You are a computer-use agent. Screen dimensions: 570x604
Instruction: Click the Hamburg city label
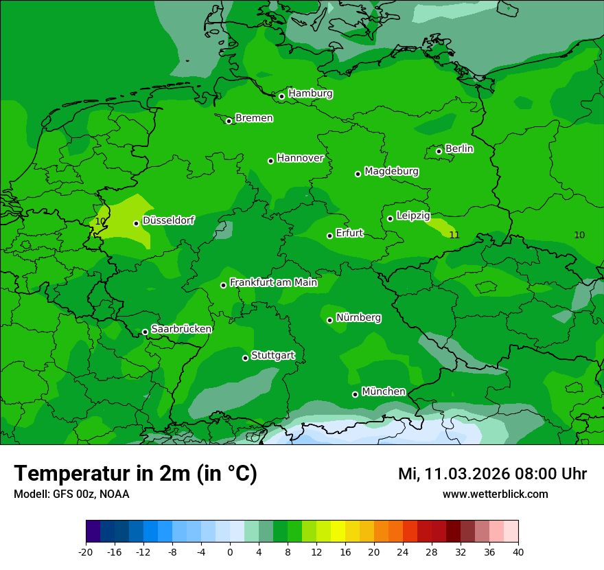pos(310,93)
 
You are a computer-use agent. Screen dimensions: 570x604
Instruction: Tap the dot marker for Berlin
pos(439,151)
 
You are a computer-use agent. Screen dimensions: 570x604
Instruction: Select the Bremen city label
pos(254,118)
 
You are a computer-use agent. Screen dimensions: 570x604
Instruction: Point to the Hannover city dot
pos(270,161)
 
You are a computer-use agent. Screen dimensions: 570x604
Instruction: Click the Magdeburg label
pos(391,171)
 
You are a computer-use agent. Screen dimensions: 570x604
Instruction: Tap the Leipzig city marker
pos(390,218)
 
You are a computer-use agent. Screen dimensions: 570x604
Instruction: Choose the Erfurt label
pos(349,233)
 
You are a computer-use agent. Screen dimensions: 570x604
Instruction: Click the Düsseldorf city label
pos(168,220)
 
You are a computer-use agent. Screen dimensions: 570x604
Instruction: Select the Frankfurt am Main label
pos(273,282)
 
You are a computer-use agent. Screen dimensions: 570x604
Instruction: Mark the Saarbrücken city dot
pos(145,332)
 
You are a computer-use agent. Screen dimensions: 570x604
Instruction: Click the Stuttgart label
pos(273,355)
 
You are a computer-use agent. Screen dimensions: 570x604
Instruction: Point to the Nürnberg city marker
pos(329,320)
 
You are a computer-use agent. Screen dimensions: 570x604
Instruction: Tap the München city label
pos(384,391)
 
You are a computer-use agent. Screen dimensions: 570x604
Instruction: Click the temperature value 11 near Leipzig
pos(454,235)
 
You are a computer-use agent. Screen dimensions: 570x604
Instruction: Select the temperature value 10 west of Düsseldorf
pos(100,221)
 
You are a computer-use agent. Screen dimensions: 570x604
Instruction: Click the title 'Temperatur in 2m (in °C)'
pos(135,474)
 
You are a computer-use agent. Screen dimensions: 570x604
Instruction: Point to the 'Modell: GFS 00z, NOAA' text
pos(71,494)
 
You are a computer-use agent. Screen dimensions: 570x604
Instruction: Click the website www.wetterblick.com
pos(495,494)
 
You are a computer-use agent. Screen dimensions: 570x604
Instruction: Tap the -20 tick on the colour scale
pos(86,551)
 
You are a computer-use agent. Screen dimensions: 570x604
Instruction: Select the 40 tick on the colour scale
pos(518,551)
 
